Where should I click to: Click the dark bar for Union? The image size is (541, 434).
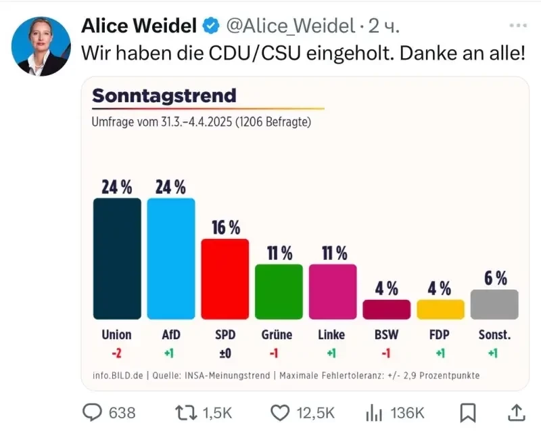click(117, 258)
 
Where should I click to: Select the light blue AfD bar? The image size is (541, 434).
click(171, 258)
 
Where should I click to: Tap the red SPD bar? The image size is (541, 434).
click(225, 278)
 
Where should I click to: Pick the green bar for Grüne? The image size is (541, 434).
click(279, 291)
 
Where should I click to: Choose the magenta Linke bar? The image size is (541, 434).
click(333, 291)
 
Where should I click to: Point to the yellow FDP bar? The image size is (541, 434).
click(440, 309)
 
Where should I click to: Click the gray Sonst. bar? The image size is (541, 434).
click(494, 304)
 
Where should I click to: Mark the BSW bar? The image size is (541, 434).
click(386, 309)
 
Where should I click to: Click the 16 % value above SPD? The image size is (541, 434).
click(226, 228)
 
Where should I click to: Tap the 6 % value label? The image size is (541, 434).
click(496, 278)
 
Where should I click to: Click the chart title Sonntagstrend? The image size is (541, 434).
click(164, 95)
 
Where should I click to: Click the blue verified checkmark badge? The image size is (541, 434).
click(212, 26)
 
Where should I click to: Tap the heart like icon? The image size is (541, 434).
click(280, 412)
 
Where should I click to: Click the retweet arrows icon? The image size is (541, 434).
click(184, 412)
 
